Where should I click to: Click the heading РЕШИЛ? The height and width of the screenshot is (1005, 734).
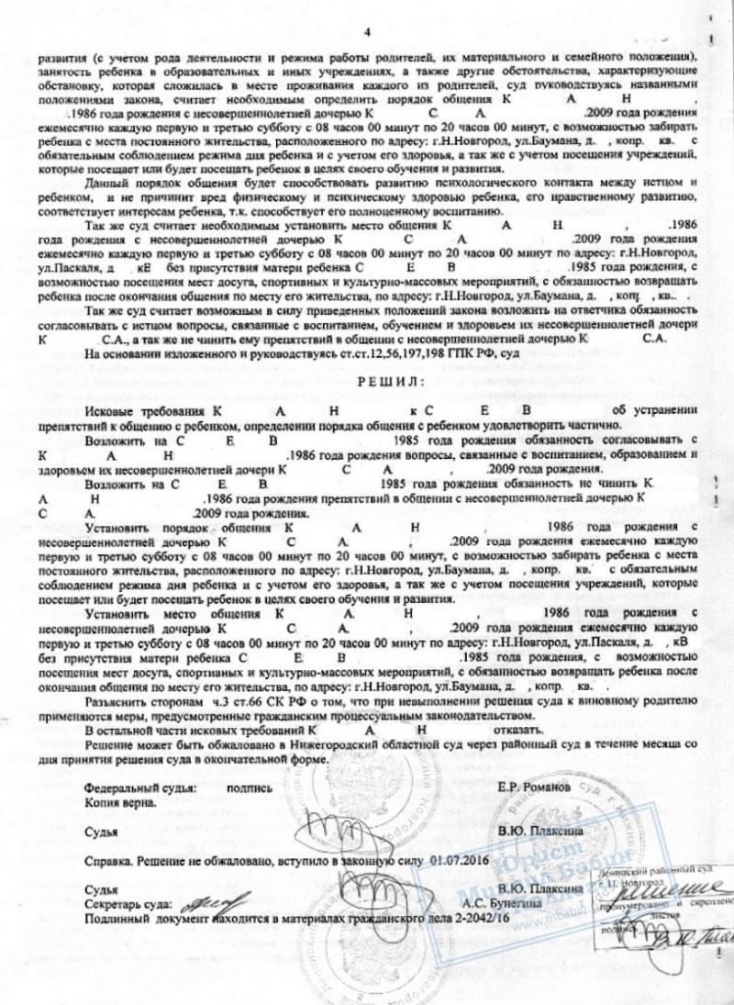tap(368, 379)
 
